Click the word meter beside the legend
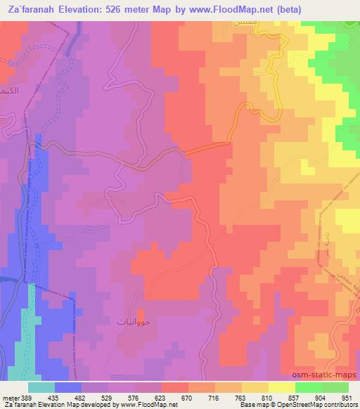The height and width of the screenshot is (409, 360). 11,398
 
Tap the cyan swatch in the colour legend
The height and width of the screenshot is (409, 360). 41,387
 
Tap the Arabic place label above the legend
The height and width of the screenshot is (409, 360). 132,320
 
